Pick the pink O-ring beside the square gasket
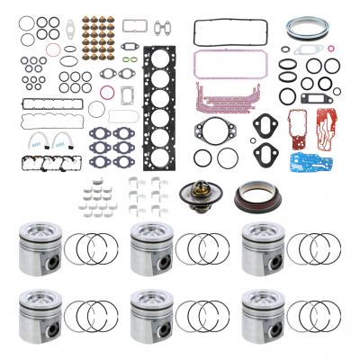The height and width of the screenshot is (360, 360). coord(107,93)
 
